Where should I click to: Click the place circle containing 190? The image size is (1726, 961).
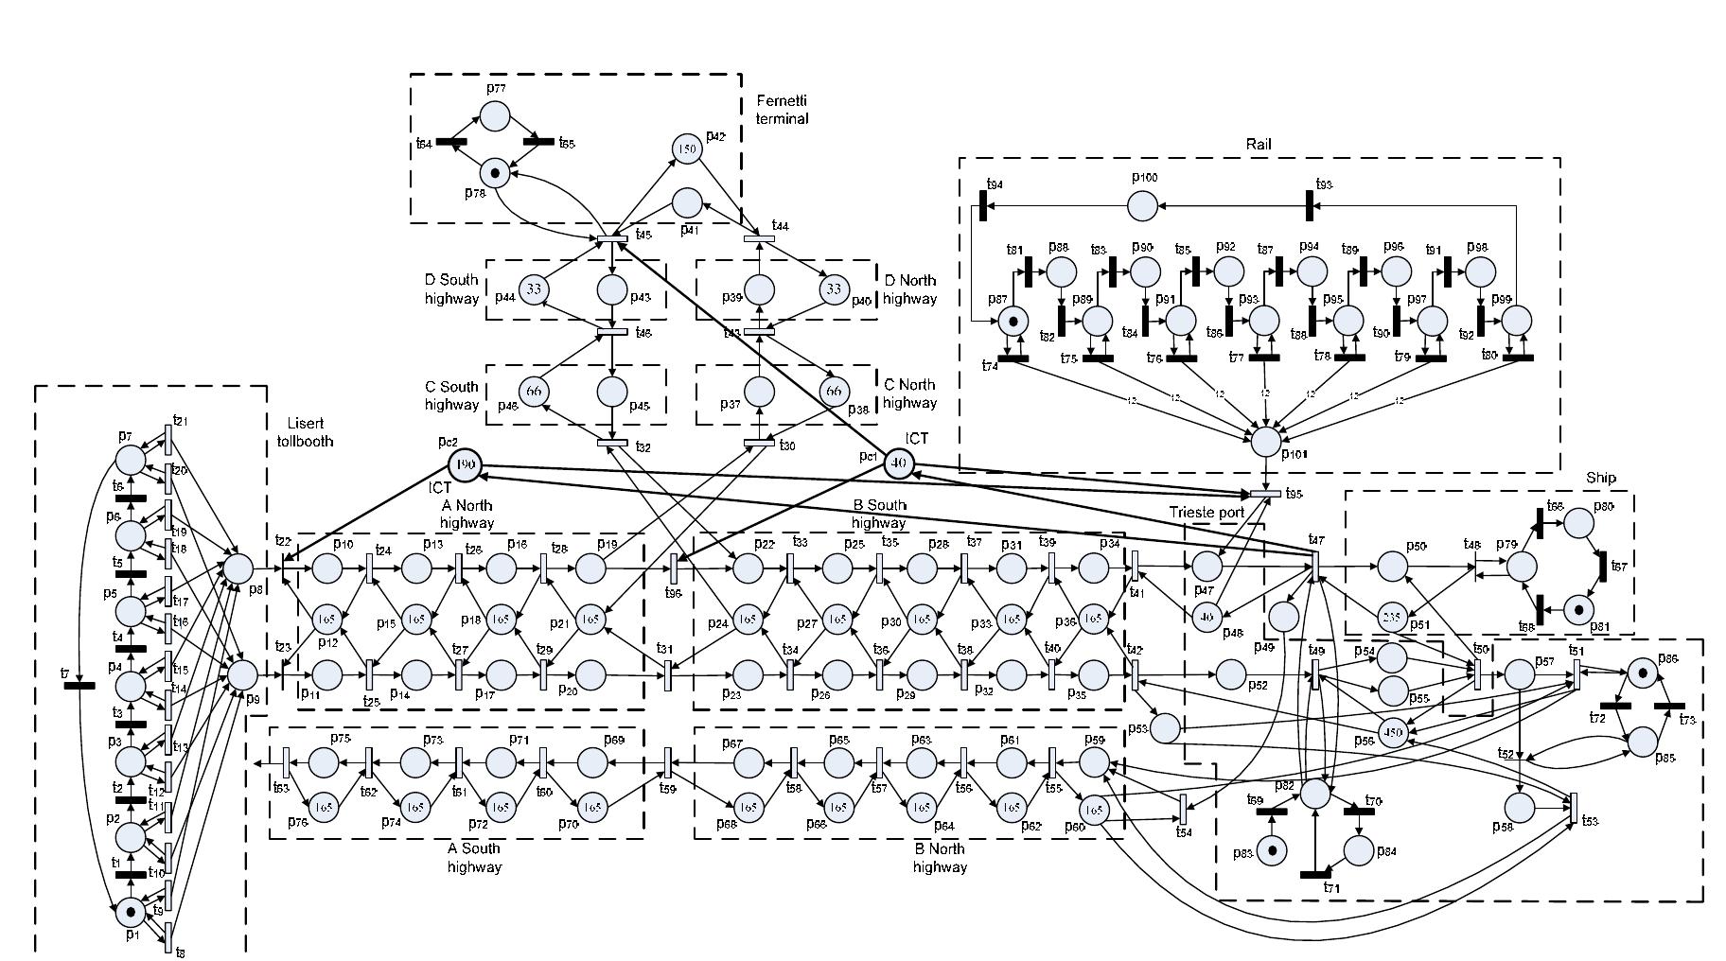click(464, 464)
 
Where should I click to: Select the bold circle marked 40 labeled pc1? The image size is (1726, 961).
click(899, 463)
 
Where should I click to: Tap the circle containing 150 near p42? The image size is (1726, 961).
click(687, 149)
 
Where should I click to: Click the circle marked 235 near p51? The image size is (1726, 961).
click(1391, 616)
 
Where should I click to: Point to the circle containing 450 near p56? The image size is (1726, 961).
click(1392, 732)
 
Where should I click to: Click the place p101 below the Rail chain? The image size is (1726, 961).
click(1266, 440)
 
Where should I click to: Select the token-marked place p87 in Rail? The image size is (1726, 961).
click(1013, 321)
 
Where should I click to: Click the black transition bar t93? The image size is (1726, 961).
click(1310, 204)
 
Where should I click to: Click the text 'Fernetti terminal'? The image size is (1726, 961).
click(782, 110)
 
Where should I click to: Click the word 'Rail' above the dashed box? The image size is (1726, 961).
click(1259, 144)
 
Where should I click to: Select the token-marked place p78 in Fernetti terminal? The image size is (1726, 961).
click(494, 173)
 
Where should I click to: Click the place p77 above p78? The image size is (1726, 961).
click(495, 116)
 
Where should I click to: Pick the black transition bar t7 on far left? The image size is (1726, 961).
click(79, 685)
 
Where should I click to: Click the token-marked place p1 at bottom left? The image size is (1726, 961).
click(130, 912)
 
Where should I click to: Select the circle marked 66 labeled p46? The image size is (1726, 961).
click(534, 392)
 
